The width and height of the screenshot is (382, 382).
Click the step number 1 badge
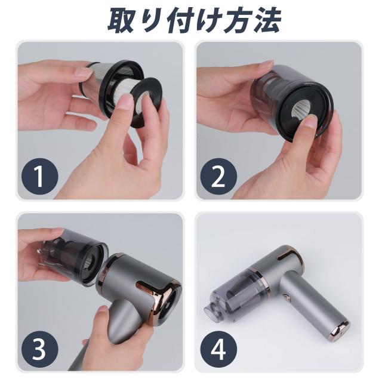point(40,176)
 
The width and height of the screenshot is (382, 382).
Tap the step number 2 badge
point(218,176)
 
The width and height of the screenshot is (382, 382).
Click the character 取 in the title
point(121,20)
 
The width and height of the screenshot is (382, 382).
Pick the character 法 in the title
point(267,20)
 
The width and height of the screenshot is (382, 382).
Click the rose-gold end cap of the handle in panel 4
point(340,328)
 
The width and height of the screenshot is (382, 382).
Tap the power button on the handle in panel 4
point(287,297)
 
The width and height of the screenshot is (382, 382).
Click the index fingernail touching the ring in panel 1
point(126,100)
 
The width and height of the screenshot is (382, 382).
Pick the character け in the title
point(208,20)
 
